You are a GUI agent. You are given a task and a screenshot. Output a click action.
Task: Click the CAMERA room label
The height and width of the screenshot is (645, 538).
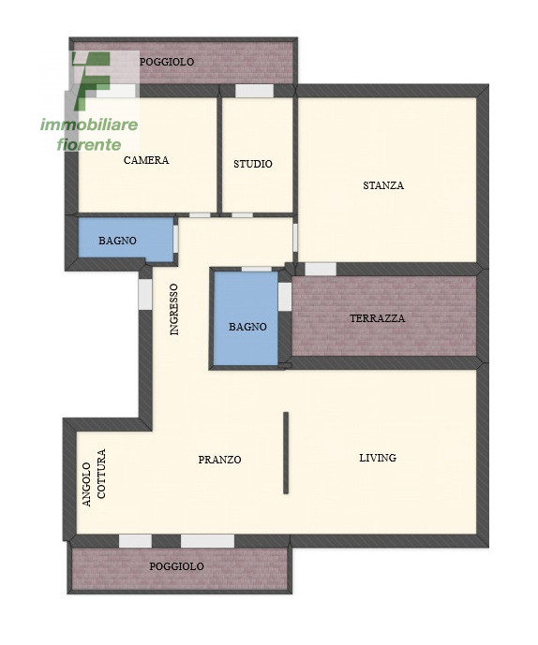point(146,160)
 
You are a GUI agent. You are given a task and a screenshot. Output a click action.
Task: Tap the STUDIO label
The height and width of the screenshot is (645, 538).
point(253,164)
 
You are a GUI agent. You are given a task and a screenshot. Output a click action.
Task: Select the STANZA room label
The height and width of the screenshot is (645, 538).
point(383,185)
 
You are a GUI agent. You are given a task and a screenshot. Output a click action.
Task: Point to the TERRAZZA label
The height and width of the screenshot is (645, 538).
point(378,318)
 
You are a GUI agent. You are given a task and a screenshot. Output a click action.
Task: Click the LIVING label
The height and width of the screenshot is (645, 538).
point(378,458)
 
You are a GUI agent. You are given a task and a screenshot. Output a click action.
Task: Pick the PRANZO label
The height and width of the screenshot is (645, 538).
point(219,460)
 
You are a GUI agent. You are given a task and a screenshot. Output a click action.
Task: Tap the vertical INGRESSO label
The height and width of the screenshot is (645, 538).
point(174,309)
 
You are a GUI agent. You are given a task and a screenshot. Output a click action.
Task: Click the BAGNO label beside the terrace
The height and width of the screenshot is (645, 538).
point(247,327)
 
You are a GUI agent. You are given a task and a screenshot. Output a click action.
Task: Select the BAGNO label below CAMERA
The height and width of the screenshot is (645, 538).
point(117,241)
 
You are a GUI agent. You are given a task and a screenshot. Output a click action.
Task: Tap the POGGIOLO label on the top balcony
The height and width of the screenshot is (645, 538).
point(167,62)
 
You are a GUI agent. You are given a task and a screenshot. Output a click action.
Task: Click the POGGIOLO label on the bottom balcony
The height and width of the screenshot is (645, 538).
point(176,566)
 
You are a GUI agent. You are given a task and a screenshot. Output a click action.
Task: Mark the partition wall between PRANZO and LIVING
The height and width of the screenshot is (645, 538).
point(286,452)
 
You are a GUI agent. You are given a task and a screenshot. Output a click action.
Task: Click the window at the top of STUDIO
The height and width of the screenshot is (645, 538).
point(255,91)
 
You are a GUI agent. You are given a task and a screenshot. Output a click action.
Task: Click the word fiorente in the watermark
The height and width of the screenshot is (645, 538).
point(89,144)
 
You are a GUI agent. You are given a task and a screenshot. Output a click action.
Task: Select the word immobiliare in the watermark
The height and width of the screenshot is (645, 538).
point(89,125)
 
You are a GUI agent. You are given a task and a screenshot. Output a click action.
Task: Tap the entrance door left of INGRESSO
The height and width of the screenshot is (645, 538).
point(145,294)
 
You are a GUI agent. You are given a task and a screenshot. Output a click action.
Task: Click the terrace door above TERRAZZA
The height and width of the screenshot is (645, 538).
point(321,269)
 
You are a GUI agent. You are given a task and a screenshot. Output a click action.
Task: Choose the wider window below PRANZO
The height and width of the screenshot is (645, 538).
point(208,541)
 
